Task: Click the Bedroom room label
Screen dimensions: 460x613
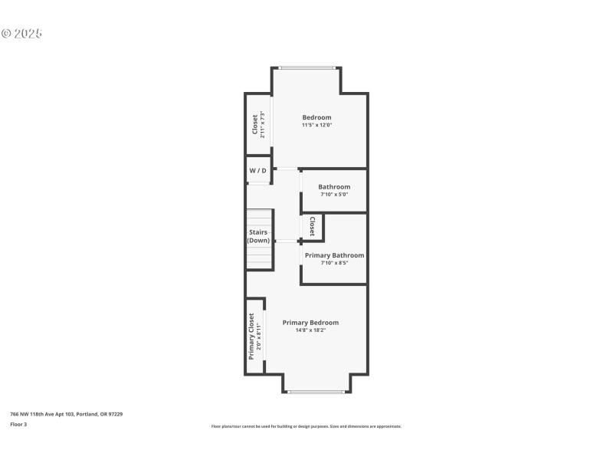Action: pos(316,117)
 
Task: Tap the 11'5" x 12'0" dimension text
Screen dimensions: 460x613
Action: pos(316,125)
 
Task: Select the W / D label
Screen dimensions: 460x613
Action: pos(258,170)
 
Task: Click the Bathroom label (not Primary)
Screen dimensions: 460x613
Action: pos(334,187)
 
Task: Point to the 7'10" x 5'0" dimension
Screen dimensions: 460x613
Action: pos(334,195)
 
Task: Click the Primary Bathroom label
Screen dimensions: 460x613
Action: pos(334,255)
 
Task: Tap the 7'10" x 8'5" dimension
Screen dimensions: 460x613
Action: pos(334,263)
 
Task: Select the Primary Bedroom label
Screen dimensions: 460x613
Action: pos(310,323)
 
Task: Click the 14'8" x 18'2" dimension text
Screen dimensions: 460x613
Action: pos(310,330)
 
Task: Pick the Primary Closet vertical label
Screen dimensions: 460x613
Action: pos(251,337)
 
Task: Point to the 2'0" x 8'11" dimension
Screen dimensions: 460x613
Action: pos(259,337)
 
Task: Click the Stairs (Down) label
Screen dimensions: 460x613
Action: pos(258,236)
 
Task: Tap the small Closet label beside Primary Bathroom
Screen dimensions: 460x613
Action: pos(312,226)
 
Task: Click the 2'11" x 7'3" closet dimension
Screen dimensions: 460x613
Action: pos(263,124)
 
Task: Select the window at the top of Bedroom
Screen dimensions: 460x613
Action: pos(306,67)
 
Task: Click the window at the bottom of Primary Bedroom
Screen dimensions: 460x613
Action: pos(316,392)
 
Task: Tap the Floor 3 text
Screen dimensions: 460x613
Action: pos(18,424)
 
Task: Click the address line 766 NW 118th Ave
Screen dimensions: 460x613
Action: pos(66,414)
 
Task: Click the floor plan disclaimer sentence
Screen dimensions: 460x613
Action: pos(306,426)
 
